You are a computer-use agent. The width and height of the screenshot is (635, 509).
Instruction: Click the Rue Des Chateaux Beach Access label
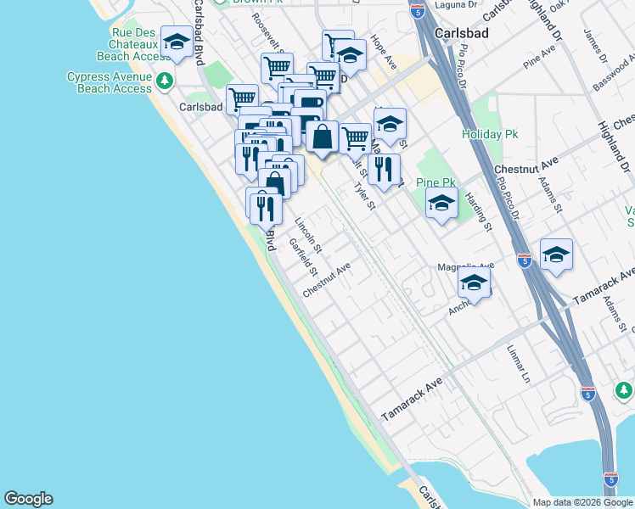[x=123, y=44]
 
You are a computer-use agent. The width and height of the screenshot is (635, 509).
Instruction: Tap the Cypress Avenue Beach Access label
[x=109, y=82]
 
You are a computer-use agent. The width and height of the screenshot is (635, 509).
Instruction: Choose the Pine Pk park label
[x=436, y=182]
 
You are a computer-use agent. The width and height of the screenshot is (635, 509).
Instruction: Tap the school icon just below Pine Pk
[x=441, y=204]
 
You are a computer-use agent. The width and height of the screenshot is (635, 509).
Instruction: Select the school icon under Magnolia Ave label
[x=475, y=283]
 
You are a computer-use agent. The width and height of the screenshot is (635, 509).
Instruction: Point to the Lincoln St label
[x=307, y=236]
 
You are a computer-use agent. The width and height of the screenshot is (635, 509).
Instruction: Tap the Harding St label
[x=479, y=211]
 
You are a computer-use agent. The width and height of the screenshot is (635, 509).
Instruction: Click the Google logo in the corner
[x=28, y=499]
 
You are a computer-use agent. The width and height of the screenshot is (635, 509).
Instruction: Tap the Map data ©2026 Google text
[x=582, y=502]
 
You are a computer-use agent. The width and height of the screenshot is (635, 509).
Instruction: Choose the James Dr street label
[x=593, y=48]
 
